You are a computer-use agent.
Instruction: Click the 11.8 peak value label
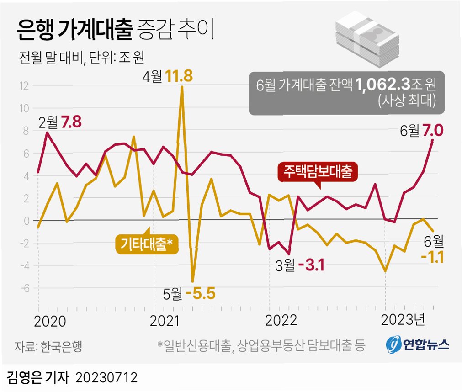[179, 76]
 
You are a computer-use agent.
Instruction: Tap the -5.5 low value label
[201, 293]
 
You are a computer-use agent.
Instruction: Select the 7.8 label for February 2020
[71, 122]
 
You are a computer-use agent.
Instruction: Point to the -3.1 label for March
[312, 265]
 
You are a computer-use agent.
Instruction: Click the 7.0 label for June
[433, 130]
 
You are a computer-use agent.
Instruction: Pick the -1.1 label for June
[433, 257]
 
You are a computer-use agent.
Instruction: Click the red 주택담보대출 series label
[318, 171]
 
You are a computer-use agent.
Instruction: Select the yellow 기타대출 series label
[147, 244]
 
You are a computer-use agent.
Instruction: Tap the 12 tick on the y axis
[24, 86]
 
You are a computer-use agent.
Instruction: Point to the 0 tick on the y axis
[27, 221]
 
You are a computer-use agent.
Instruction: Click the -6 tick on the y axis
[25, 288]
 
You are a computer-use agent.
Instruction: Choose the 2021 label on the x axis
[165, 321]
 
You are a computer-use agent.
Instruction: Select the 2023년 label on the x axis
[403, 320]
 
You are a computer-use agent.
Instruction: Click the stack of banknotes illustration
[367, 39]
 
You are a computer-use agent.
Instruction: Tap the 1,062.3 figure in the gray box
[383, 84]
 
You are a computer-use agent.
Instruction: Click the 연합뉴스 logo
[418, 344]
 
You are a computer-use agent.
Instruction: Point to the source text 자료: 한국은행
[48, 346]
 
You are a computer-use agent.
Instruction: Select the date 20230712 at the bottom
[106, 378]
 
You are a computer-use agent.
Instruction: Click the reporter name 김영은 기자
[38, 377]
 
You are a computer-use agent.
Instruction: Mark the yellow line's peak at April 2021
[182, 87]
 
